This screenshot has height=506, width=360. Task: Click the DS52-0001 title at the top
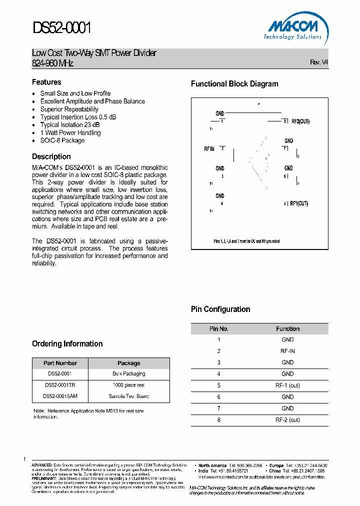[62, 28]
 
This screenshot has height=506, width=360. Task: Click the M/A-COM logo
[292, 27]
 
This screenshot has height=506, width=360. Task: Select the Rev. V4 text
[319, 62]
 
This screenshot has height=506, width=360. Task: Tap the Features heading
[46, 82]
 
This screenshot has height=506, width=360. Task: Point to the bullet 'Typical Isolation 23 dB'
[69, 125]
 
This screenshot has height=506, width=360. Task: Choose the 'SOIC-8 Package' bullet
[62, 140]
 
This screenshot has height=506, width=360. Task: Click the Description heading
[51, 156]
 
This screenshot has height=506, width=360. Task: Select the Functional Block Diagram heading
[234, 84]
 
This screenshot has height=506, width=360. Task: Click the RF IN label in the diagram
[209, 149]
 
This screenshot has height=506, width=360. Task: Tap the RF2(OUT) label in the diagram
[300, 121]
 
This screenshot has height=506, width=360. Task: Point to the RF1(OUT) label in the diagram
[299, 203]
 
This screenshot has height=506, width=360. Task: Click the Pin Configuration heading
[220, 309]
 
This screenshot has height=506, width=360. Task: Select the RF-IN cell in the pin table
[287, 351]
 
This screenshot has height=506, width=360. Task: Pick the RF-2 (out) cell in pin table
[287, 420]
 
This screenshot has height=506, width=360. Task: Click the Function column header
[287, 328]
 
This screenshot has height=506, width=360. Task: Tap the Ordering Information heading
[67, 344]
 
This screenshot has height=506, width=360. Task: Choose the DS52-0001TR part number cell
[60, 385]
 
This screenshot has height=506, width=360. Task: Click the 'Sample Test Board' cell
[128, 396]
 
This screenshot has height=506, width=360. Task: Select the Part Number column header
[60, 363]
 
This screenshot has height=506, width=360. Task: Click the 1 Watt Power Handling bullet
[70, 133]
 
